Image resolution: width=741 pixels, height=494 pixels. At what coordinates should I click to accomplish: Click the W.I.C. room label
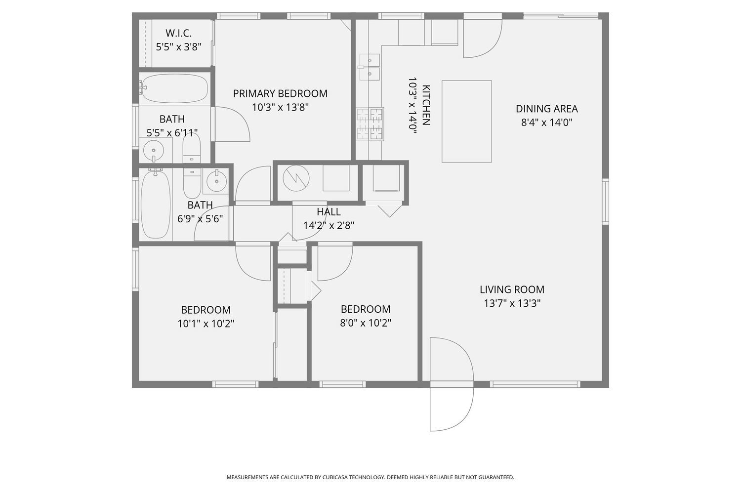click(178, 34)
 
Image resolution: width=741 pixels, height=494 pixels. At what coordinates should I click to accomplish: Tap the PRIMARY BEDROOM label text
click(280, 93)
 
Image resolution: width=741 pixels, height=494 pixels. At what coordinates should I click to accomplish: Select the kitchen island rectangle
click(466, 121)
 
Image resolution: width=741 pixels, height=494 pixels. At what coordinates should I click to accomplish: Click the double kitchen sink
click(370, 67)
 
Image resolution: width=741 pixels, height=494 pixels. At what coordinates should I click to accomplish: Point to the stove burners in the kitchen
click(370, 124)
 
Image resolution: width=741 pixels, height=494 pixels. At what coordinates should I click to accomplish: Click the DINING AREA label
click(546, 109)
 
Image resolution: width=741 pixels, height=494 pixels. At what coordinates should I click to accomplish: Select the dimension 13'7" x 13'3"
click(512, 303)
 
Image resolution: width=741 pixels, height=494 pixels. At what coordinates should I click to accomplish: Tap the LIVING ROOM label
click(512, 289)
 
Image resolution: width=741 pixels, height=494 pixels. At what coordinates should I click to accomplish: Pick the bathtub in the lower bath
click(156, 204)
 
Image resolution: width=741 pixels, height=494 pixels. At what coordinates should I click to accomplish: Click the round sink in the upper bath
click(154, 150)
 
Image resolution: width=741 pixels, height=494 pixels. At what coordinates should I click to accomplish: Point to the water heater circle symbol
click(296, 178)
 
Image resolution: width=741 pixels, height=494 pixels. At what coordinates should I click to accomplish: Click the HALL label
click(329, 212)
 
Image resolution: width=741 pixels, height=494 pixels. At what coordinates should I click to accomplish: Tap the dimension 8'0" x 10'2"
click(366, 323)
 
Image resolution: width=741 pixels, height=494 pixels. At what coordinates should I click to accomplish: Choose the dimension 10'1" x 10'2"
click(206, 324)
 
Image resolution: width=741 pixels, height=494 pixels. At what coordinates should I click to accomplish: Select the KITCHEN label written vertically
click(426, 105)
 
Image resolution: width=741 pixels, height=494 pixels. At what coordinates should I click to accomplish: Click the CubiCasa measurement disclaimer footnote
click(370, 477)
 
